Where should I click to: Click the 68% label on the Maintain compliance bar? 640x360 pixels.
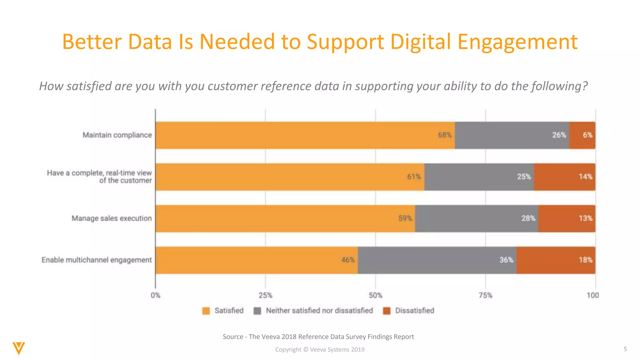[x=445, y=135]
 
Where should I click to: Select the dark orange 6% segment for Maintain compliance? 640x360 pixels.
[x=582, y=135]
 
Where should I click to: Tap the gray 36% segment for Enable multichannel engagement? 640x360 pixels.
[x=437, y=260]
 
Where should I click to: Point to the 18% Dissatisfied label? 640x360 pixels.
[x=585, y=260]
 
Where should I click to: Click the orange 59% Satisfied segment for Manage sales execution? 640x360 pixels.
[x=285, y=218]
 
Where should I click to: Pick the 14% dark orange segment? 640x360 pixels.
[x=564, y=177]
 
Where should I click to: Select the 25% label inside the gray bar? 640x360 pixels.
[x=524, y=177]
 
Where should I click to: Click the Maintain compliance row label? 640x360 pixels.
[x=117, y=135]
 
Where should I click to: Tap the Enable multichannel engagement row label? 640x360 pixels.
[x=97, y=260]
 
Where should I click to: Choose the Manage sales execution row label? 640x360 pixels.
[x=112, y=218]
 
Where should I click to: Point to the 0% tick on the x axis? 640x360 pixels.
[x=155, y=295]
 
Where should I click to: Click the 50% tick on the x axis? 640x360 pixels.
[x=375, y=295]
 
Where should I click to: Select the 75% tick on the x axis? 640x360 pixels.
[x=485, y=295]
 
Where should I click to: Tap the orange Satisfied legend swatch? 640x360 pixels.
[x=206, y=311]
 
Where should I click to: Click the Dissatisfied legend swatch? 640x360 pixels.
[x=387, y=311]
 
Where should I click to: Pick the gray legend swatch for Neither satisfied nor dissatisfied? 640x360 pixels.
[x=257, y=311]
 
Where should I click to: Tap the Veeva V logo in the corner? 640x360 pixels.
[x=19, y=348]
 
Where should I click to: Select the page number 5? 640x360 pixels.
[x=625, y=349]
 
